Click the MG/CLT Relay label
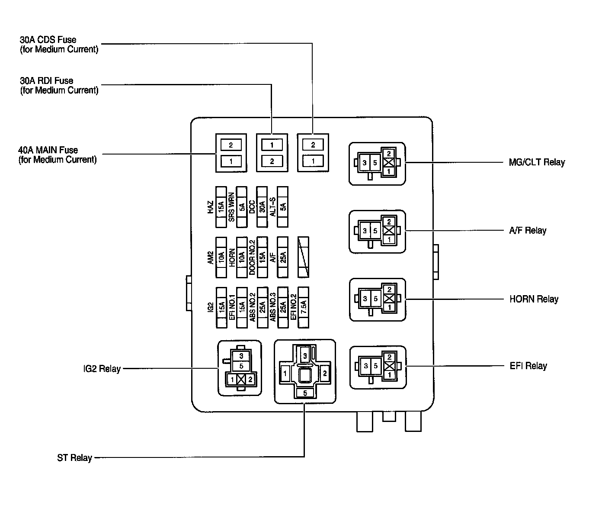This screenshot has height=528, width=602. coord(537,162)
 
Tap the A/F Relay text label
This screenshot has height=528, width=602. coord(527,230)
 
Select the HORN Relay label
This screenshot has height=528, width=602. coord(534,299)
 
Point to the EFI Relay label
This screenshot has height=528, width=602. coord(528,366)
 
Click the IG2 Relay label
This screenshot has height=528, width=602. coord(102,369)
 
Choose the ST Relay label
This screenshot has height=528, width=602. coord(74,457)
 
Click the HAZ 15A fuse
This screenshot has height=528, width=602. coord(221,207)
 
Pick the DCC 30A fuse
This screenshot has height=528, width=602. coord(262,207)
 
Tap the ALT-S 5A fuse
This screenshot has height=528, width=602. coord(283,207)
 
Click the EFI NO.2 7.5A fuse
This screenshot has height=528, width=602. coord(304,306)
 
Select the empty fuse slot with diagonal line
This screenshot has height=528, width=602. coord(304,257)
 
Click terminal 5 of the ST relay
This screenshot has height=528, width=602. coord(305,393)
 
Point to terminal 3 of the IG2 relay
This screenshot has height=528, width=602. coord(241,356)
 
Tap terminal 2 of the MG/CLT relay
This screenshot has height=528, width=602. coord(389,153)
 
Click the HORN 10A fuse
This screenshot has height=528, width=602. coord(242,257)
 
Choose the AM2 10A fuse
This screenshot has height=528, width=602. coord(221,257)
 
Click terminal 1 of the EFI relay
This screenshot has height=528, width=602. coord(389,375)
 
